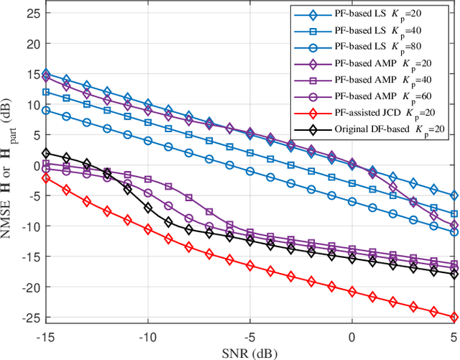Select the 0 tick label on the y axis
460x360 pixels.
[x=36, y=165]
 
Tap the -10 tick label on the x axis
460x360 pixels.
[x=147, y=336]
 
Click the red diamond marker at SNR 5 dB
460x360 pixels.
[x=454, y=317]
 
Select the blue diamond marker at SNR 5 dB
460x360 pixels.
[x=454, y=195]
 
